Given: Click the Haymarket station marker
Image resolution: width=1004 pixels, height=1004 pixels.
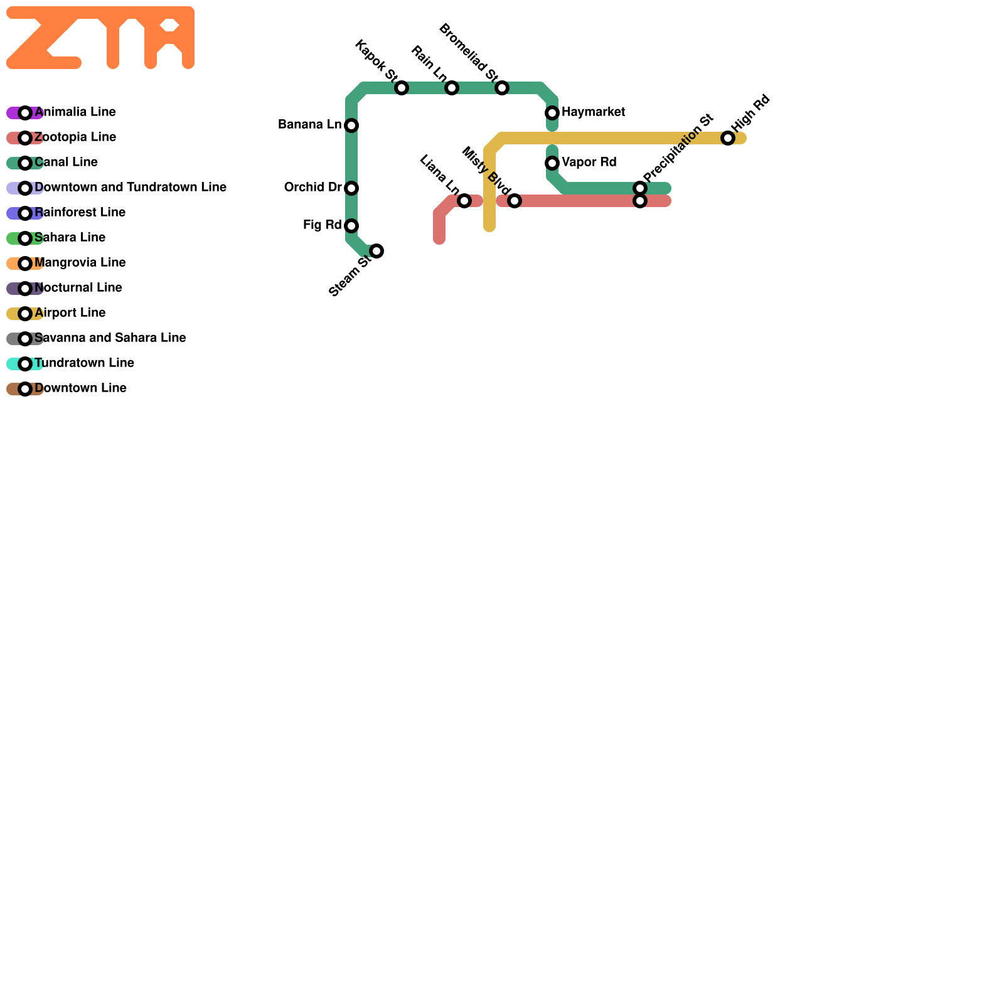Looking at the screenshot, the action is [x=552, y=113].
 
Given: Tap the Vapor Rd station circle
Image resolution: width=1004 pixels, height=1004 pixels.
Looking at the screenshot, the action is [x=552, y=163].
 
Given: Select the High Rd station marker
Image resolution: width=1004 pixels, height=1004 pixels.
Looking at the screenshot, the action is [x=728, y=138].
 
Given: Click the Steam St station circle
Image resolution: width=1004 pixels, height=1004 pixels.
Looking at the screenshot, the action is [x=376, y=251].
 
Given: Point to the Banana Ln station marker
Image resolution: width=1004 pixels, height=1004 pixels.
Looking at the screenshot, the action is [x=351, y=125].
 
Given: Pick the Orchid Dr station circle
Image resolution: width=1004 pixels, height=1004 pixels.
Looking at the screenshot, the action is [x=351, y=188].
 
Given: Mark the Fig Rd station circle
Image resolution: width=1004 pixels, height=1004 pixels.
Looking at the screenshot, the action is [x=351, y=226].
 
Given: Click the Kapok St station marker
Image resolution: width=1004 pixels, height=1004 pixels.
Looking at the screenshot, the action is [x=402, y=88].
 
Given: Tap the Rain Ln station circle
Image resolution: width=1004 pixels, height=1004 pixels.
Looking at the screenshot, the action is [x=452, y=88].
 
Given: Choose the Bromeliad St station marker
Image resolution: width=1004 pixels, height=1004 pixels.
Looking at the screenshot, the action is [x=502, y=88].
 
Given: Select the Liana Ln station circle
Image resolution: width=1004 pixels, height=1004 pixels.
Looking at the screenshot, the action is [x=464, y=201].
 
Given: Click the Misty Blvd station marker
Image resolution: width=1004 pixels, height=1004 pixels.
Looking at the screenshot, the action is [x=515, y=201].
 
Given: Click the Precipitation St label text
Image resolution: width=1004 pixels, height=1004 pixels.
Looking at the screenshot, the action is [x=678, y=148].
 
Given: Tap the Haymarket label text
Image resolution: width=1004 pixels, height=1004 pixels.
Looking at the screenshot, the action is [x=593, y=112].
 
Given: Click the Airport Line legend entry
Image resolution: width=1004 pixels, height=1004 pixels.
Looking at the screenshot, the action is [x=70, y=313].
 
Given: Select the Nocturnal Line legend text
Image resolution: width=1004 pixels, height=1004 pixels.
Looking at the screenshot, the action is [x=78, y=288].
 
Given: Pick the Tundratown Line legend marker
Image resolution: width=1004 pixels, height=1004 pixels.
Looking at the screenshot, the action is [x=25, y=364].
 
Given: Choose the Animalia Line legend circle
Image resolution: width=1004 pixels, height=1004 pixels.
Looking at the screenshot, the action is [x=25, y=113].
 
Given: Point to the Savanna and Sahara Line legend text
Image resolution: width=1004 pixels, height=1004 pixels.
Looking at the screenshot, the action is [x=110, y=338].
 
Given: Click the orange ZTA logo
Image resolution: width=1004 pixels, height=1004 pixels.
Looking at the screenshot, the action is [x=100, y=38].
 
